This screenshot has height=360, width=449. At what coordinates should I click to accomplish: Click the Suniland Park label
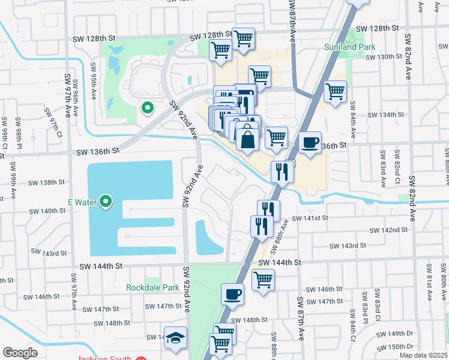point(349,47)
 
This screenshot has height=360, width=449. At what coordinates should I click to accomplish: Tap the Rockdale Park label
point(152,287)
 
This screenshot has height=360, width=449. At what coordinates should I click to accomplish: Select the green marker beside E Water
point(106,202)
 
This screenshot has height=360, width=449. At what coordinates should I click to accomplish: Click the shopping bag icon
point(247,141)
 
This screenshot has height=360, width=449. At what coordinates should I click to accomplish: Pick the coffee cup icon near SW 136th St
point(310,143)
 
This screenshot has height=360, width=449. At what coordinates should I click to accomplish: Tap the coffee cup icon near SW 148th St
point(233,295)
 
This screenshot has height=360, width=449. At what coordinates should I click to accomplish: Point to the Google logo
point(20,353)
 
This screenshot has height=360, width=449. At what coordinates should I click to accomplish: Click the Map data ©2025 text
point(423,355)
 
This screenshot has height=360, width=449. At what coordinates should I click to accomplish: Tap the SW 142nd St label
point(388,230)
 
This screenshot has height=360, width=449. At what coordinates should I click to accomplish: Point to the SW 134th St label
point(384,115)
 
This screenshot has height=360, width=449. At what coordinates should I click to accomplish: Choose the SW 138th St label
point(49,182)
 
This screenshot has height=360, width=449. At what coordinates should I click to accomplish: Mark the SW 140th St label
point(49,211)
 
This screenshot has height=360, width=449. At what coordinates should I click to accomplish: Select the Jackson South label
point(101,358)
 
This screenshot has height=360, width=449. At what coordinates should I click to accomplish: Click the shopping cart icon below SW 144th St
point(263,280)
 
